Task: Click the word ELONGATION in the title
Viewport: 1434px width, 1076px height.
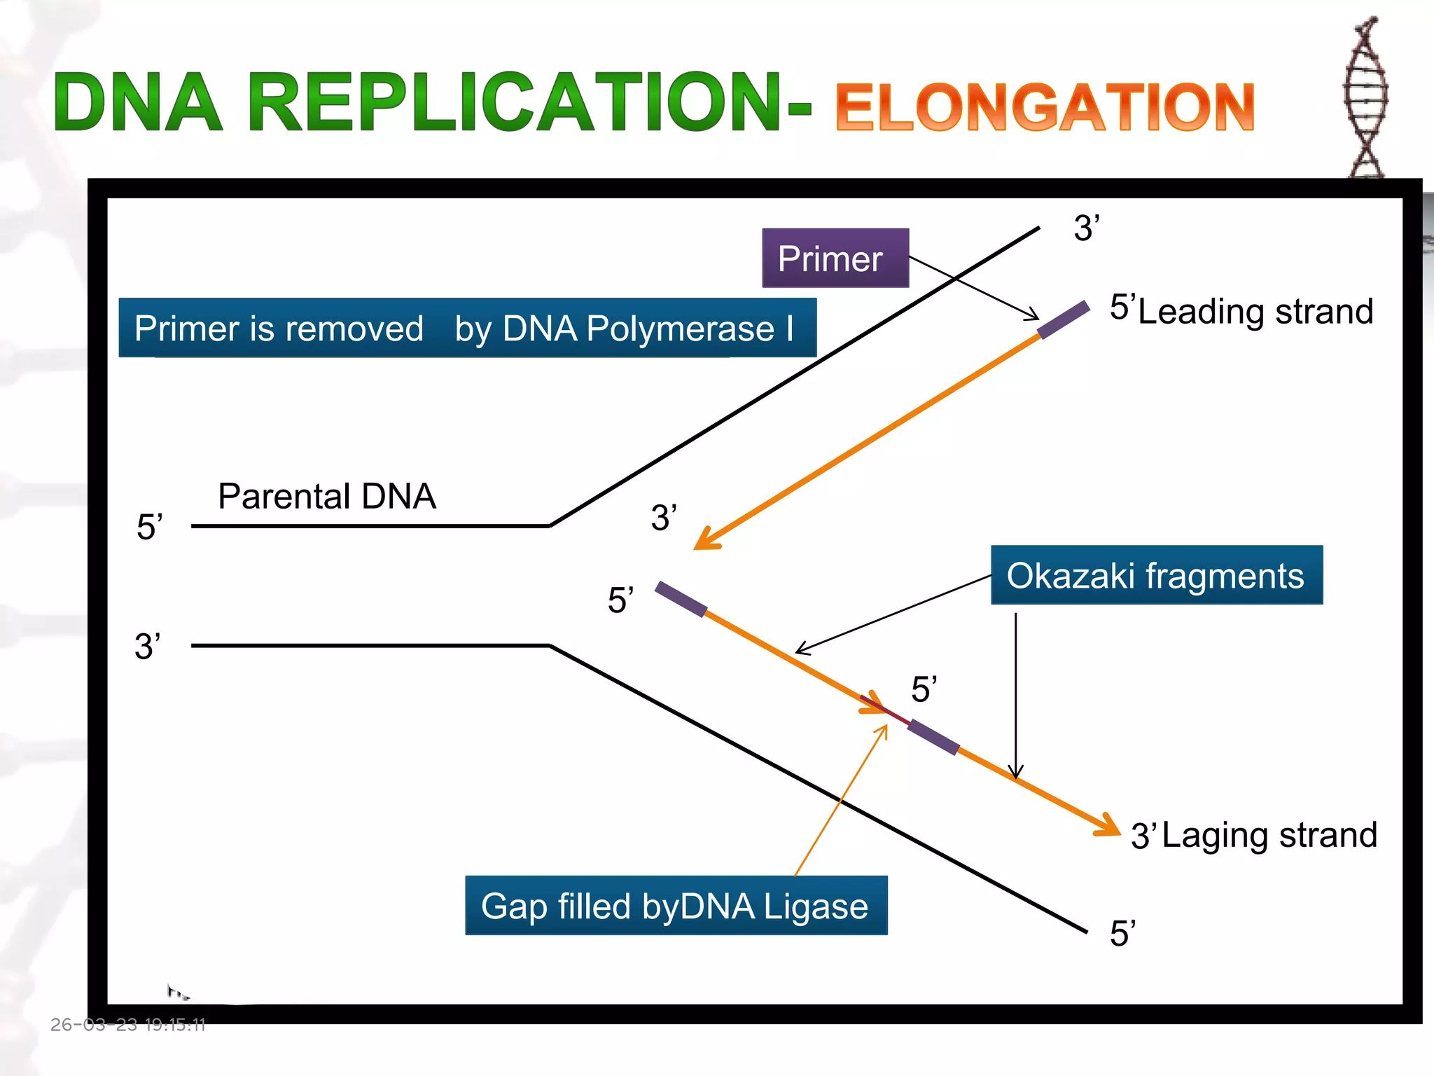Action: pos(1045,106)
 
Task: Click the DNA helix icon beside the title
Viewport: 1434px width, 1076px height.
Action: pos(1365,98)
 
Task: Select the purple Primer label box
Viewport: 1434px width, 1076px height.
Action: pos(835,258)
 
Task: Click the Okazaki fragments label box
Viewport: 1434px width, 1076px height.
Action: pos(1156,575)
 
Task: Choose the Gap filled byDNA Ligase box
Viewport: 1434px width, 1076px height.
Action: pos(676,906)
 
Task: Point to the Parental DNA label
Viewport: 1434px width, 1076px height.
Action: pos(327,496)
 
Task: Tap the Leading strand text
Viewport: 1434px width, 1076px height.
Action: pos(1255,311)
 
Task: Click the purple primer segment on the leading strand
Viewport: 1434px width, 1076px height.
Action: pos(1064,319)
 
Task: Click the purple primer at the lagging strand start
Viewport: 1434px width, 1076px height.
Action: pos(681,599)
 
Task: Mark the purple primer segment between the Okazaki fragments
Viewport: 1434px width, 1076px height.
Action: pos(933,737)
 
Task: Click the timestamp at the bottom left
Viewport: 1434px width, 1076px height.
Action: pos(128,1025)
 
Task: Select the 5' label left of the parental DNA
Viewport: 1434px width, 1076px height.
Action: pos(149,527)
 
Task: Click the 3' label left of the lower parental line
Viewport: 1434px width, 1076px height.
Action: pos(148,646)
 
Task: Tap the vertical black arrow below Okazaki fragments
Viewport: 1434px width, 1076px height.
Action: pos(1015,694)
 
